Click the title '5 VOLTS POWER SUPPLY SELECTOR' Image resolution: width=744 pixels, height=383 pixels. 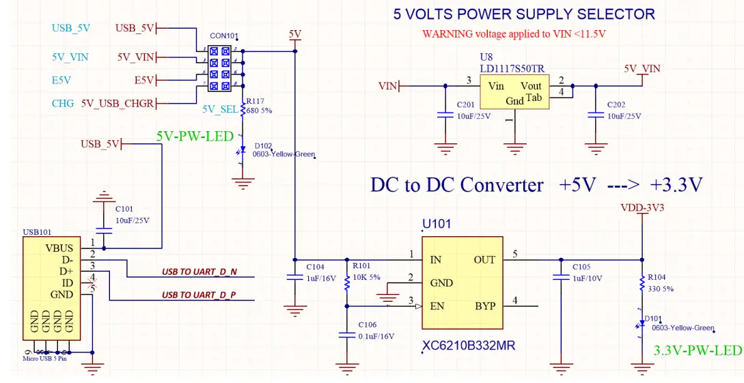click(x=523, y=14)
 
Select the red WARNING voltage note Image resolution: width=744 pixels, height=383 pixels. click(x=514, y=33)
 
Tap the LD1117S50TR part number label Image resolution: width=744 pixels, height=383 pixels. click(x=512, y=68)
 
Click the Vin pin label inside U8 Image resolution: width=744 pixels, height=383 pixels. click(x=495, y=86)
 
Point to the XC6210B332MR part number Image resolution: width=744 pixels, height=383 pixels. click(x=469, y=346)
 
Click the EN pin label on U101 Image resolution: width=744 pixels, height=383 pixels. click(x=437, y=306)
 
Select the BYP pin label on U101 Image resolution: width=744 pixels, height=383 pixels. click(x=485, y=306)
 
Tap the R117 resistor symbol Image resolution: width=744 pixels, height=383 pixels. click(x=240, y=109)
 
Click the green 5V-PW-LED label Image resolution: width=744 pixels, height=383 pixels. click(x=195, y=135)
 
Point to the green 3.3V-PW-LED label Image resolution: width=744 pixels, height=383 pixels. click(x=697, y=350)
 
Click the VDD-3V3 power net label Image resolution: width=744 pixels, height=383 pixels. click(x=642, y=207)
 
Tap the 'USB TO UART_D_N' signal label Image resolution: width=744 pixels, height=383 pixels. click(x=199, y=272)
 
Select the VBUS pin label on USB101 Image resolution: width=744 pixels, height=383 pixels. click(x=59, y=249)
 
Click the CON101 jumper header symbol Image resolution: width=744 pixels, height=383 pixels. click(x=223, y=68)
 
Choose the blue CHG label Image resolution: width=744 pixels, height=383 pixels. click(x=63, y=104)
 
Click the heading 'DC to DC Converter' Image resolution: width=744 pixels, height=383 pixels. click(x=457, y=185)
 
